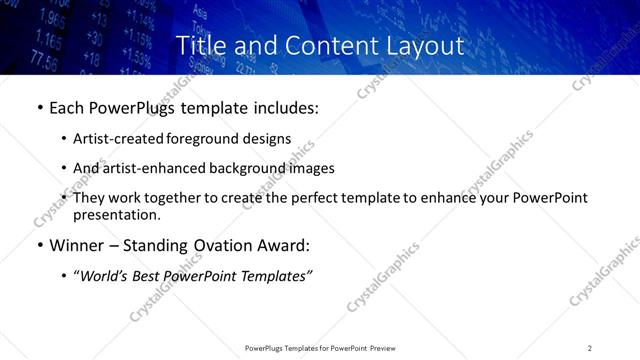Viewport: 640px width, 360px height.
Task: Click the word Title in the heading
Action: (x=200, y=46)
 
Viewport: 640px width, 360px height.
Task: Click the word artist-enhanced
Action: (x=146, y=168)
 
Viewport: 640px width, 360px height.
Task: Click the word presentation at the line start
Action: (x=115, y=214)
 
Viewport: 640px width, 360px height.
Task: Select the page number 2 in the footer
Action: (x=590, y=347)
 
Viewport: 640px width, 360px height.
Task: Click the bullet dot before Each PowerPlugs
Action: (x=39, y=107)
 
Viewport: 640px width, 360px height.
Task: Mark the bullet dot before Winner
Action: (x=39, y=246)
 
